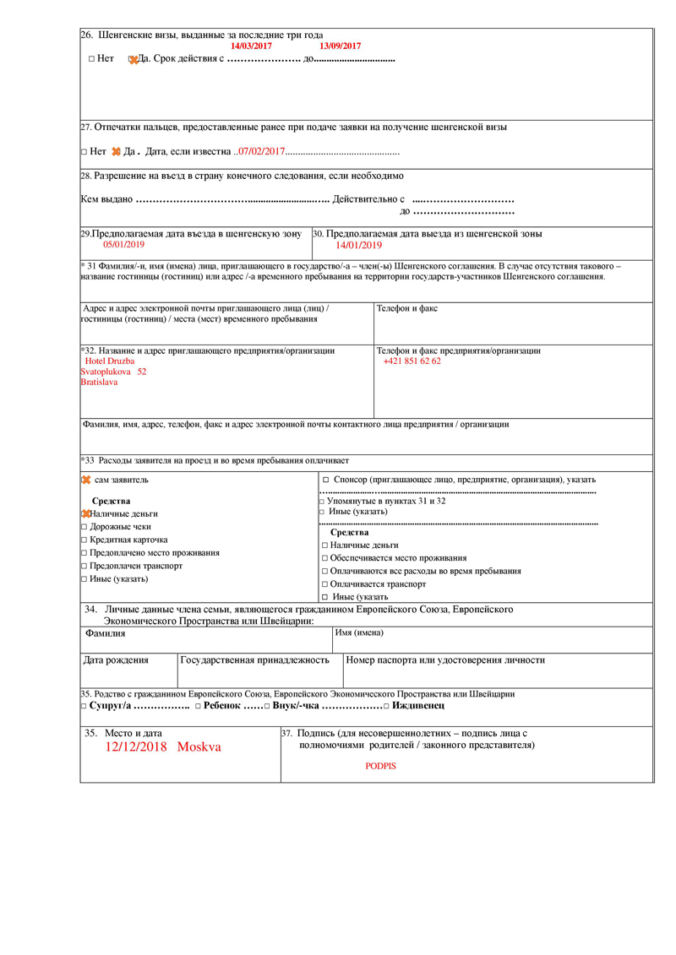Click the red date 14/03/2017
[251, 46]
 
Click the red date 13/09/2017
[340, 46]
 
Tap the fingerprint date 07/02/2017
[263, 152]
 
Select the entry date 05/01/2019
[124, 244]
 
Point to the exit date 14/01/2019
[358, 246]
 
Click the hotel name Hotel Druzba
[110, 361]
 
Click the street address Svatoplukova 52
[113, 372]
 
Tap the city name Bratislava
[99, 382]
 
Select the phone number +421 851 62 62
[412, 361]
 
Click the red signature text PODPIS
[380, 766]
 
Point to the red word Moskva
[199, 747]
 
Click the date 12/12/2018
[137, 747]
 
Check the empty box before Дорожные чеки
[84, 527]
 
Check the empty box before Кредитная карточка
[84, 540]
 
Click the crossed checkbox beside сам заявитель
[85, 480]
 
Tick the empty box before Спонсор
[325, 480]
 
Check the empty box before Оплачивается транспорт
[324, 584]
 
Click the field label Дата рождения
[116, 660]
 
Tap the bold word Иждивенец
[417, 705]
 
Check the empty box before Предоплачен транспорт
[84, 566]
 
